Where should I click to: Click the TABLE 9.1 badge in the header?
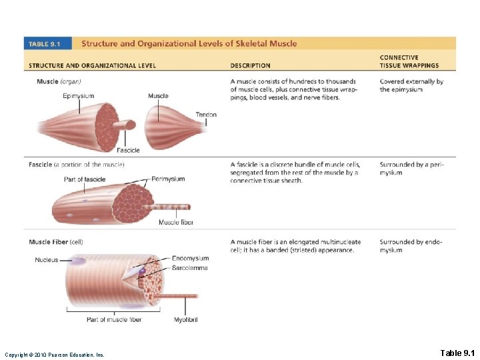click(x=45, y=44)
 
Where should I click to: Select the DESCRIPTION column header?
click(x=250, y=65)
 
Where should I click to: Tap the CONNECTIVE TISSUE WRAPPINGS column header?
click(x=409, y=62)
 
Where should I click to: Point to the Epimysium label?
click(x=78, y=96)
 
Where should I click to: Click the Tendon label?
click(x=206, y=115)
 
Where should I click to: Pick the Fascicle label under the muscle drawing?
click(x=128, y=150)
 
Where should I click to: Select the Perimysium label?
click(x=168, y=179)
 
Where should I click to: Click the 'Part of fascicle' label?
click(x=85, y=179)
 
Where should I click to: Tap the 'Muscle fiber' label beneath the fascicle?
click(x=176, y=222)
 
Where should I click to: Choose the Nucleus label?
click(x=47, y=260)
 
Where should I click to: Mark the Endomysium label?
click(x=190, y=258)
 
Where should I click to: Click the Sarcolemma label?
click(x=189, y=267)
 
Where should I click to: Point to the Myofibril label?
click(x=185, y=319)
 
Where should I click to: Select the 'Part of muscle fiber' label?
click(x=114, y=319)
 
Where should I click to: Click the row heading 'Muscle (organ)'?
click(x=55, y=81)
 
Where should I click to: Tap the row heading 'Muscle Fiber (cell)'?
click(x=56, y=242)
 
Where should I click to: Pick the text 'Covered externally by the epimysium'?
click(x=411, y=85)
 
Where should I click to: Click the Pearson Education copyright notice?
click(x=54, y=354)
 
